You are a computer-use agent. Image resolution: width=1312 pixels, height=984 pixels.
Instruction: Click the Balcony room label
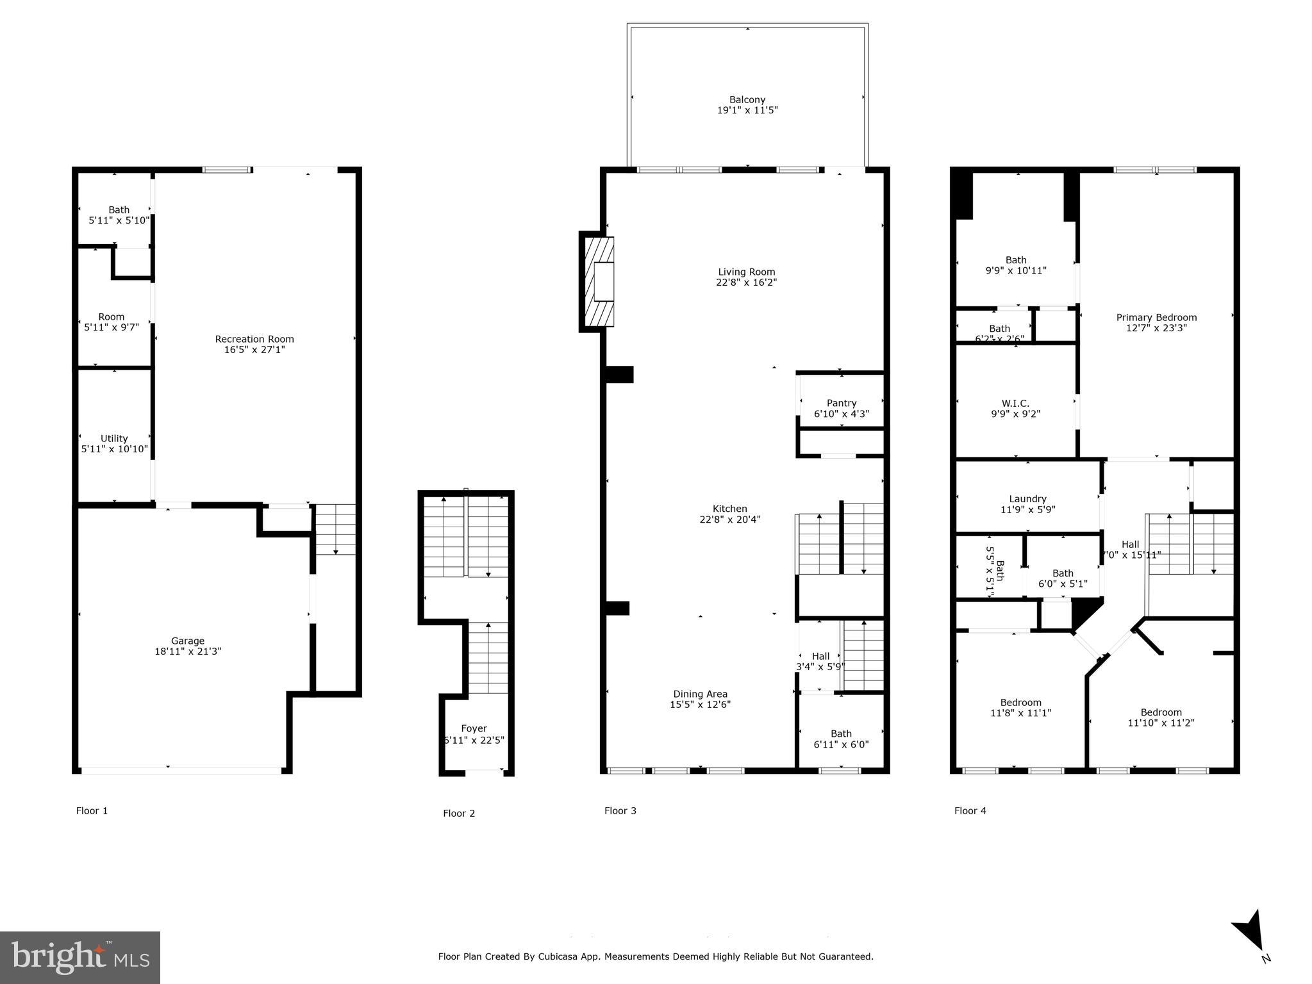coord(747,100)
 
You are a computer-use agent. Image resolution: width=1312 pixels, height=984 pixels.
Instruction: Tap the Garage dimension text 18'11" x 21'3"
coord(188,652)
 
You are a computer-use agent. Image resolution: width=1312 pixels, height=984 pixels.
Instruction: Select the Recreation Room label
coord(254,339)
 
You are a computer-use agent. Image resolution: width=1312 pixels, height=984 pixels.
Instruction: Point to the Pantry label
coord(841,403)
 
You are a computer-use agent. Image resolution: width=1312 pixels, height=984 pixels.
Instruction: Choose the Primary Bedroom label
coord(1156,317)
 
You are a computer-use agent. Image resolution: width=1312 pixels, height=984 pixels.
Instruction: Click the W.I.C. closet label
coord(1015,403)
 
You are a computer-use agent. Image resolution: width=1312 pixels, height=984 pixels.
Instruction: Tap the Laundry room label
coord(1027,499)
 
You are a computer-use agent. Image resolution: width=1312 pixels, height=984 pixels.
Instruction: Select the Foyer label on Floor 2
coord(474,728)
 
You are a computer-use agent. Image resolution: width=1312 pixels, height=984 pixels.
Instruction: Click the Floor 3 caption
coord(620,810)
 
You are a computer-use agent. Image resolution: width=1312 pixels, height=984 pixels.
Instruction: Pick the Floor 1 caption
coord(92,810)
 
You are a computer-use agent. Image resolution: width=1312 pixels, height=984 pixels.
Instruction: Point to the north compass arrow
coord(1250,931)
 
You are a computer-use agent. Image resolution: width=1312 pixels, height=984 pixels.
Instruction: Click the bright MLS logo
coord(79,958)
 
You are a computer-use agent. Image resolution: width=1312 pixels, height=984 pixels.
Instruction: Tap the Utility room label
coord(114,438)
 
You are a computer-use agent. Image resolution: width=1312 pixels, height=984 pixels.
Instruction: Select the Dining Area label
coord(700,694)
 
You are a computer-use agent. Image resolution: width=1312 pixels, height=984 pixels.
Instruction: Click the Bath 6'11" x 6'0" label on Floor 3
coord(841,734)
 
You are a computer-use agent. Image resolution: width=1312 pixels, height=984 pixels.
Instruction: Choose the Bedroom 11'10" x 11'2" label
coord(1161,712)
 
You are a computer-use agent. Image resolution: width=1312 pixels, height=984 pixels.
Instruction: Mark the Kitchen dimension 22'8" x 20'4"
coord(729,520)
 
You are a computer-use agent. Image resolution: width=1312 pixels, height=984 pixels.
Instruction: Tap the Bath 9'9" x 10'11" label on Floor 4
coord(1015,260)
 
